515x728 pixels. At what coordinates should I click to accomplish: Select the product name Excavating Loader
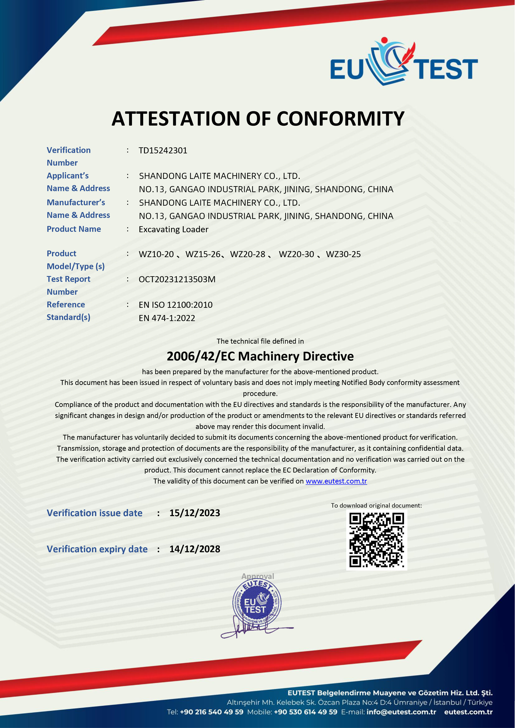[x=174, y=229]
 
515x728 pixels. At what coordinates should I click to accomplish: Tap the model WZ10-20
[x=156, y=254]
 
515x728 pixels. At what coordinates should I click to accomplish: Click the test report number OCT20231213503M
[x=177, y=279]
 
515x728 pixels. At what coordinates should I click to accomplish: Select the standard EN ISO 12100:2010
[x=176, y=305]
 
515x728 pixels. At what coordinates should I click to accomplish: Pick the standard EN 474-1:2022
[x=167, y=318]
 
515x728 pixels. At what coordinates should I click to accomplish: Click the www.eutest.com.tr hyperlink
[x=336, y=481]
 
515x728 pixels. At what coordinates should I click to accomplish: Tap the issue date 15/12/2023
[x=194, y=513]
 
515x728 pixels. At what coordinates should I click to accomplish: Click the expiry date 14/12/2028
[x=194, y=549]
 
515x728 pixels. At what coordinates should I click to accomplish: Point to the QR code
[x=376, y=540]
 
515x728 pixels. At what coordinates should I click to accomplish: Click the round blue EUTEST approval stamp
[x=257, y=602]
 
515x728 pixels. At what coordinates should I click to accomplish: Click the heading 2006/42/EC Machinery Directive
[x=260, y=356]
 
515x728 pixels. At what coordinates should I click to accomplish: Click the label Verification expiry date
[x=97, y=549]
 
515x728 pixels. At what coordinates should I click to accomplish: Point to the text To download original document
[x=376, y=505]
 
